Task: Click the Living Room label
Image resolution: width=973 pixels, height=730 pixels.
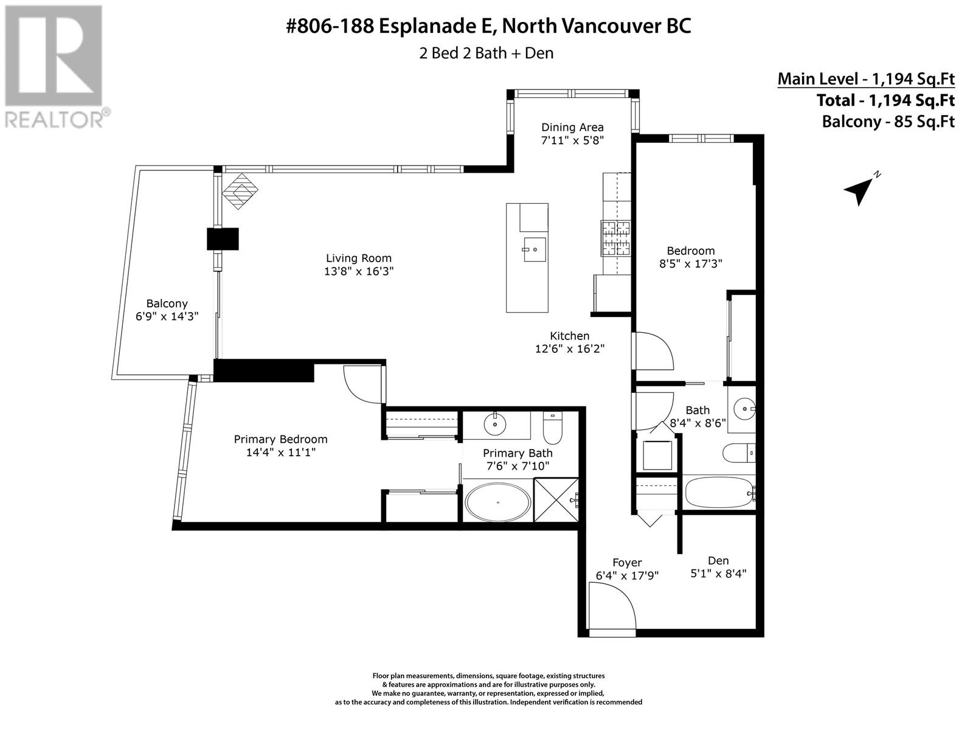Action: [x=359, y=258]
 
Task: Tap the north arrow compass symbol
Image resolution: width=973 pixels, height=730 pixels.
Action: [x=859, y=190]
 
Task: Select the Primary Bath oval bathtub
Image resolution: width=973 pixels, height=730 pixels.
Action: [x=498, y=502]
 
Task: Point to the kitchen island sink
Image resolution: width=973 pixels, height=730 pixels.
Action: [x=535, y=249]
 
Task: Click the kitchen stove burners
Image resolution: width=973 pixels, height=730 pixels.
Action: [x=615, y=238]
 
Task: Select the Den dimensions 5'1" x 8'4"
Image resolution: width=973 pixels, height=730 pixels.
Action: [x=718, y=574]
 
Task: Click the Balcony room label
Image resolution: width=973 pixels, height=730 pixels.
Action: [x=167, y=304]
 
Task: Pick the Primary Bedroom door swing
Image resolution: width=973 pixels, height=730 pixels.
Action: [x=364, y=384]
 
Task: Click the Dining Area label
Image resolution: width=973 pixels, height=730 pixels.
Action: [x=572, y=127]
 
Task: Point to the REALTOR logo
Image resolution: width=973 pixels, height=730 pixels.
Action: [x=55, y=66]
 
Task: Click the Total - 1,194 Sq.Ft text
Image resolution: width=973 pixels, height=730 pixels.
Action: [x=885, y=100]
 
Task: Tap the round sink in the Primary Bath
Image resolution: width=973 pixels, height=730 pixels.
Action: [x=494, y=425]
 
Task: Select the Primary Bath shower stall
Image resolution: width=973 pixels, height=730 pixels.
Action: [x=556, y=500]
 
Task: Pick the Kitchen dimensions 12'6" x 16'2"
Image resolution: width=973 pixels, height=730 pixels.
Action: [x=570, y=349]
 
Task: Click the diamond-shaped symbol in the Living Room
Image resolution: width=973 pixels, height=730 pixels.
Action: [x=240, y=191]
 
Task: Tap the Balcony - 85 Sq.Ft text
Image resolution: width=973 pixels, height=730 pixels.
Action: [x=888, y=122]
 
